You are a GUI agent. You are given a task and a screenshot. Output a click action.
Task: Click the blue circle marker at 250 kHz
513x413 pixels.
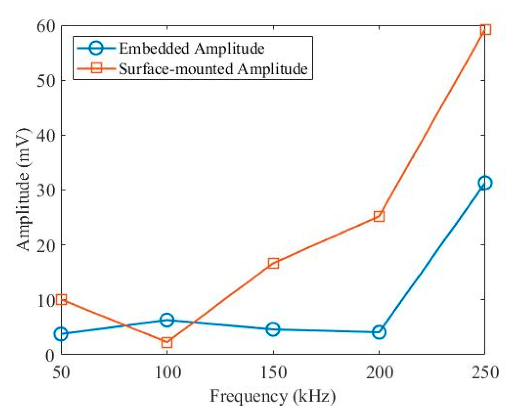pyautogui.click(x=485, y=183)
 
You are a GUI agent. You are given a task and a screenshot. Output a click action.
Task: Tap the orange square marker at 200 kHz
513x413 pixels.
pyautogui.click(x=379, y=216)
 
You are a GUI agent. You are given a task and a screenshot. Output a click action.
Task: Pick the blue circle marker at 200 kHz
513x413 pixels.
pyautogui.click(x=379, y=332)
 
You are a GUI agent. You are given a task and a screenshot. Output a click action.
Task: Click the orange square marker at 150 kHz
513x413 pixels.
pyautogui.click(x=273, y=263)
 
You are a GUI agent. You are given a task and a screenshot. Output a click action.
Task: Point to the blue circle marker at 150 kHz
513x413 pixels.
pyautogui.click(x=273, y=329)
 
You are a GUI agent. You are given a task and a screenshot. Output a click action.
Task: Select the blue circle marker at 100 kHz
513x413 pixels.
pyautogui.click(x=167, y=320)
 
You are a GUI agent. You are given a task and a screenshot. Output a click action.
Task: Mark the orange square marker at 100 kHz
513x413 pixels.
pyautogui.click(x=167, y=343)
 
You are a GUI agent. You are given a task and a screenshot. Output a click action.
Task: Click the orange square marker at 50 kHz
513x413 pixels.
pyautogui.click(x=61, y=299)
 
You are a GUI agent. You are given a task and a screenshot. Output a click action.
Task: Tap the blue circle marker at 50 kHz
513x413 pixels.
pyautogui.click(x=61, y=334)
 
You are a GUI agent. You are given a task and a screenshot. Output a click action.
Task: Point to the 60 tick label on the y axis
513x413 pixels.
pyautogui.click(x=46, y=26)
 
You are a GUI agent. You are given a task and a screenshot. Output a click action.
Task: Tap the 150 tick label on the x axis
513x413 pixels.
pyautogui.click(x=273, y=372)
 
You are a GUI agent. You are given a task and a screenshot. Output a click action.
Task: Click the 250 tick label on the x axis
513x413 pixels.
pyautogui.click(x=485, y=372)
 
